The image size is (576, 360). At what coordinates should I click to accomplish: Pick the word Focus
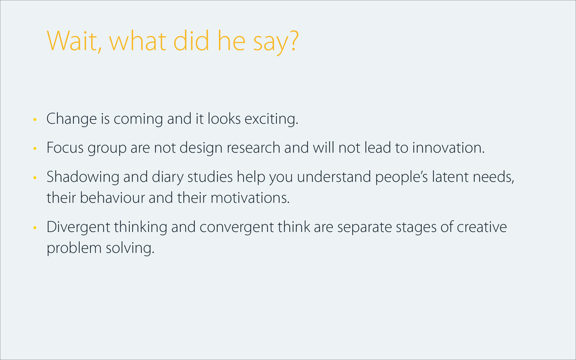(65, 148)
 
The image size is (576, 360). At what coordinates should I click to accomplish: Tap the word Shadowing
(83, 177)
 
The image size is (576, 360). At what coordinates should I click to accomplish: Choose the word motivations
(250, 198)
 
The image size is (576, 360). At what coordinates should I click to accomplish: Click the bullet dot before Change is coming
(35, 119)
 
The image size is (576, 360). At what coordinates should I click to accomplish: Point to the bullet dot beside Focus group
(35, 148)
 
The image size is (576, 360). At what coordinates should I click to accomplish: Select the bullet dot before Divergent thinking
(35, 228)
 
